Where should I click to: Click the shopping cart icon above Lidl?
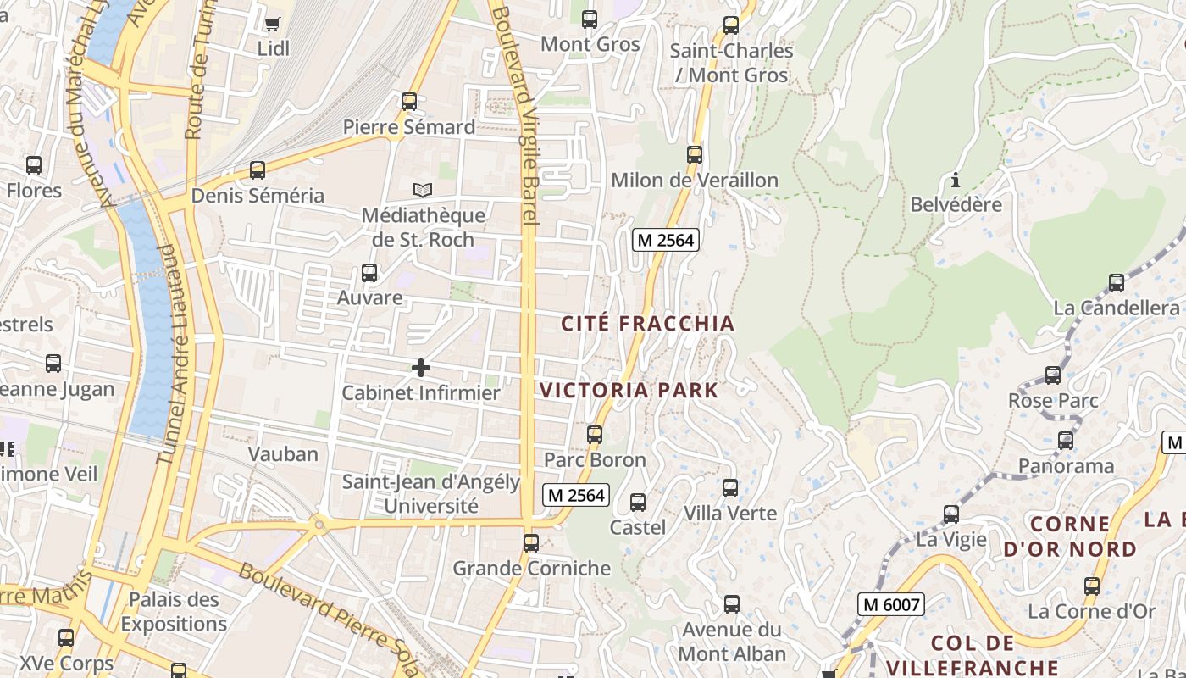(x=272, y=24)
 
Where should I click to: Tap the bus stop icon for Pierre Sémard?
(x=409, y=102)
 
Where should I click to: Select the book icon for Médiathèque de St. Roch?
(x=422, y=190)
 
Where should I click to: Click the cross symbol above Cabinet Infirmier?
(x=420, y=368)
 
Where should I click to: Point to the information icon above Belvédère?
(x=956, y=180)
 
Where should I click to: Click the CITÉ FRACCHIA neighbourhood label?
(x=648, y=324)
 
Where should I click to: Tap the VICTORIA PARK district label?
(x=629, y=391)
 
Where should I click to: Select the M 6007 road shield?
(x=890, y=604)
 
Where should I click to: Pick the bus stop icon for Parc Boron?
(x=595, y=435)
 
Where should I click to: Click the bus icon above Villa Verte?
(x=730, y=488)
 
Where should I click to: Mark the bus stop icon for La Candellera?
(x=1117, y=283)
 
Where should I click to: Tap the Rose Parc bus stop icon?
(x=1053, y=375)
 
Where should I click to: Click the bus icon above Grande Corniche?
(x=531, y=543)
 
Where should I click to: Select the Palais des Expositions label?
(x=174, y=612)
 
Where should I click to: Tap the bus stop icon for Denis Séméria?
(x=258, y=170)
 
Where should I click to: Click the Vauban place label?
(x=283, y=454)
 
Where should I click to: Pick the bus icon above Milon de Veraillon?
(x=695, y=155)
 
